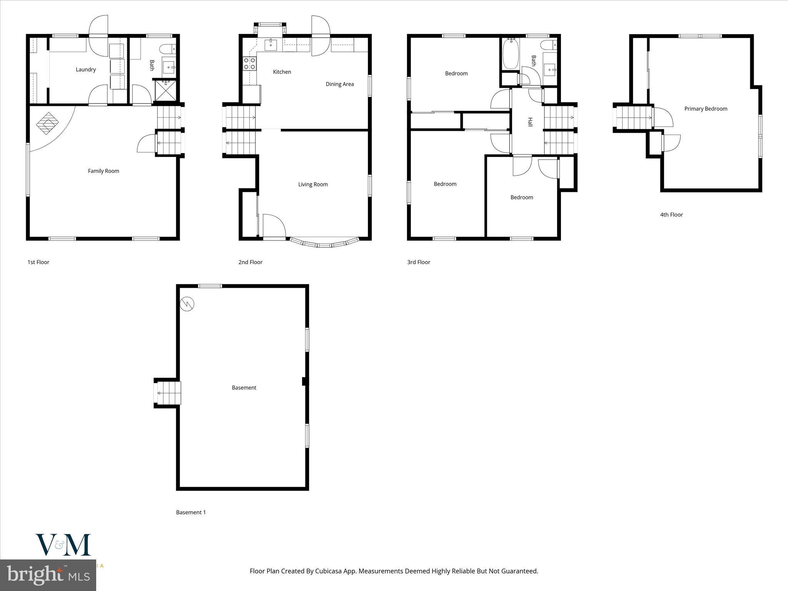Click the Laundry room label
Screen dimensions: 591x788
pyautogui.click(x=85, y=70)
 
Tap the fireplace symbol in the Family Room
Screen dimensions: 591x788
pyautogui.click(x=48, y=123)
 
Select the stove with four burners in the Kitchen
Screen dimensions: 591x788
pyautogui.click(x=250, y=63)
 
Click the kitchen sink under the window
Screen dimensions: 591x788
pyautogui.click(x=271, y=45)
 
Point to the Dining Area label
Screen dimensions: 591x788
pyautogui.click(x=339, y=84)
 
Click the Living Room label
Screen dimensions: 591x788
pyautogui.click(x=313, y=184)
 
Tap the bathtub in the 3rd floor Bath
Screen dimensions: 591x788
pyautogui.click(x=511, y=54)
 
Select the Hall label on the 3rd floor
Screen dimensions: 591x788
pyautogui.click(x=530, y=122)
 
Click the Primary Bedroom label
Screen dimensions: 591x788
pyautogui.click(x=705, y=109)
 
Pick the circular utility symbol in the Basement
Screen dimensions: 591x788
pyautogui.click(x=187, y=304)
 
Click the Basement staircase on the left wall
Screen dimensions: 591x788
pyautogui.click(x=168, y=393)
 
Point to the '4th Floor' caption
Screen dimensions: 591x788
pyautogui.click(x=671, y=215)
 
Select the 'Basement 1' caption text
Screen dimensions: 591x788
pyautogui.click(x=191, y=513)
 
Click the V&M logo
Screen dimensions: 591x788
pyautogui.click(x=63, y=545)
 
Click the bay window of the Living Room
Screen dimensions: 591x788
pyautogui.click(x=324, y=243)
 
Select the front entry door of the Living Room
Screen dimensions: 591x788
pyautogui.click(x=274, y=227)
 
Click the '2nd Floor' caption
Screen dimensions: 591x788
pyautogui.click(x=250, y=262)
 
